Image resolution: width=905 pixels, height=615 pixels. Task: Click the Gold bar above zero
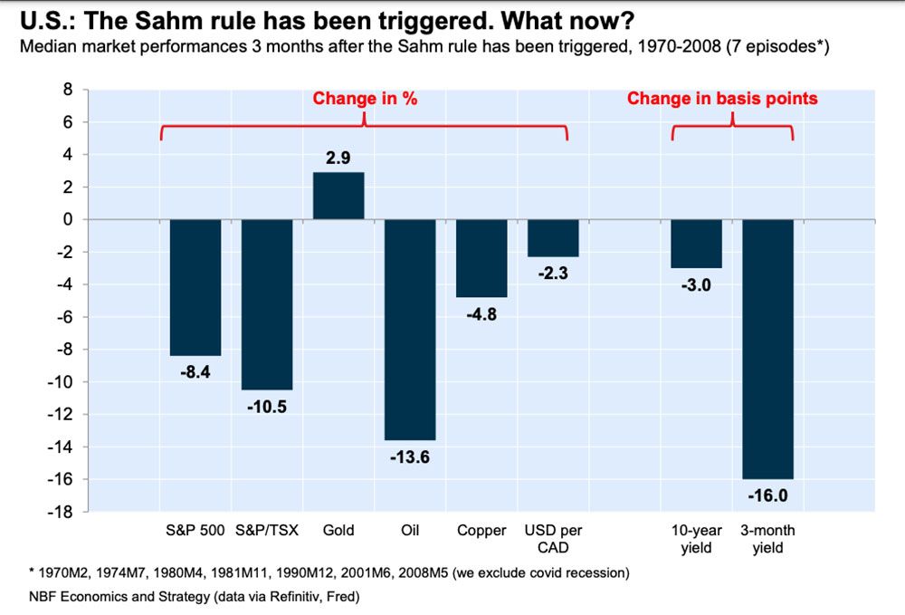tap(338, 196)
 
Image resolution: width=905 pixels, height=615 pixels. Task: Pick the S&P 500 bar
tap(195, 287)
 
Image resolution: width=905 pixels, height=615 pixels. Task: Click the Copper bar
tap(481, 258)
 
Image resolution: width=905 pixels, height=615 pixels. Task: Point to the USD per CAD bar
tap(553, 238)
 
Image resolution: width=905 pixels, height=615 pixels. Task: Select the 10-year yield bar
tap(697, 244)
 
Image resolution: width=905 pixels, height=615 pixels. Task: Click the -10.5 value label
tap(267, 407)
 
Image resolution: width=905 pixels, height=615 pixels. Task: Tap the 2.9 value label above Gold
tap(338, 159)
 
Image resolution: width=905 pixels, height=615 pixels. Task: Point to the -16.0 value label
tap(768, 495)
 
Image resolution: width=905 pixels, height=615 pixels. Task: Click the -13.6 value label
tap(410, 456)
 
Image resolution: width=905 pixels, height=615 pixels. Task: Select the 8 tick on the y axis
tap(64, 90)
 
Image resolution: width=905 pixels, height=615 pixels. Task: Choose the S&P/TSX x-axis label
tap(267, 531)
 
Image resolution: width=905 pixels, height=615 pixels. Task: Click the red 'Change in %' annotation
tap(365, 99)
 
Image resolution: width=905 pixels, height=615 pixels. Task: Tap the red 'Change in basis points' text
tap(722, 99)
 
